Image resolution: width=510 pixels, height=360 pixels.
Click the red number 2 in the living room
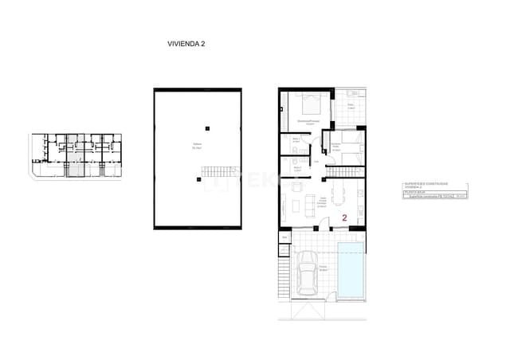pos(343,217)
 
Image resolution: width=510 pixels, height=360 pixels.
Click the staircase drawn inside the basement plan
pos(218,170)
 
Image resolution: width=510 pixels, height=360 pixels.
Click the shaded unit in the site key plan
pos(73,156)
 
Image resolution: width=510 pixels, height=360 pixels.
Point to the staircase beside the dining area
pos(348,170)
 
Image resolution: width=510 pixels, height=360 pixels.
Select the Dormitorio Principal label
pos(306,122)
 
